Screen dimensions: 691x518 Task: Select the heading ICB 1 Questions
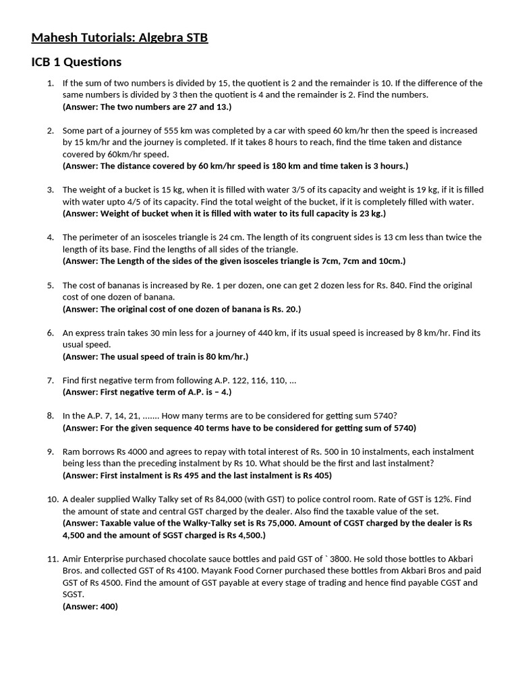pos(76,62)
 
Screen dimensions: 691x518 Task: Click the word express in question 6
pos(90,333)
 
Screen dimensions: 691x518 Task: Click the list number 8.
pos(50,416)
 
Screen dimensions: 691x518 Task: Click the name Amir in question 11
pos(74,559)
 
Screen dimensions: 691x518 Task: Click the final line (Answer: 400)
pos(90,606)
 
